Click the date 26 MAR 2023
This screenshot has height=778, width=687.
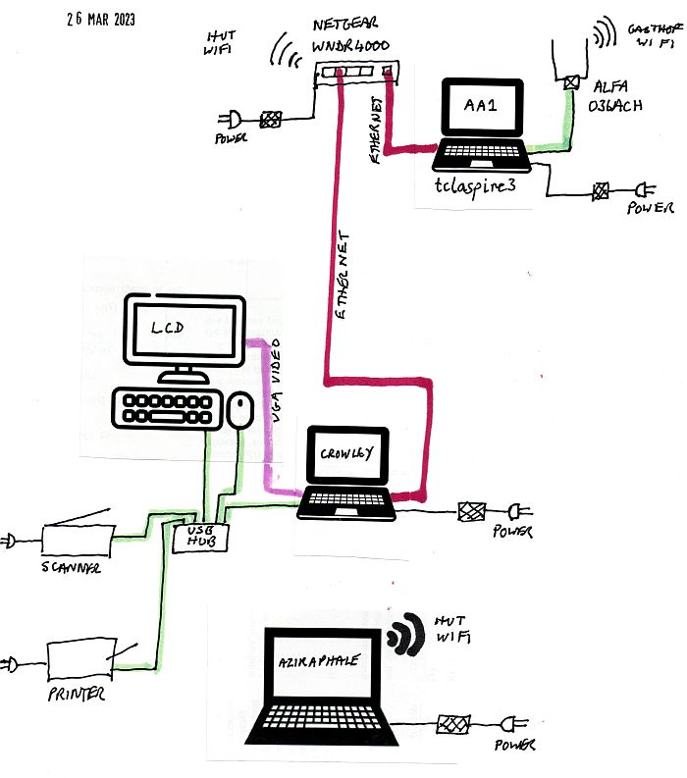[x=102, y=20]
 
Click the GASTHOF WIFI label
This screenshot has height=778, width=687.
[x=652, y=37]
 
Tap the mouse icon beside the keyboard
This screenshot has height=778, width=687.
[x=240, y=410]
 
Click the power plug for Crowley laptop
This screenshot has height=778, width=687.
[x=516, y=511]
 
